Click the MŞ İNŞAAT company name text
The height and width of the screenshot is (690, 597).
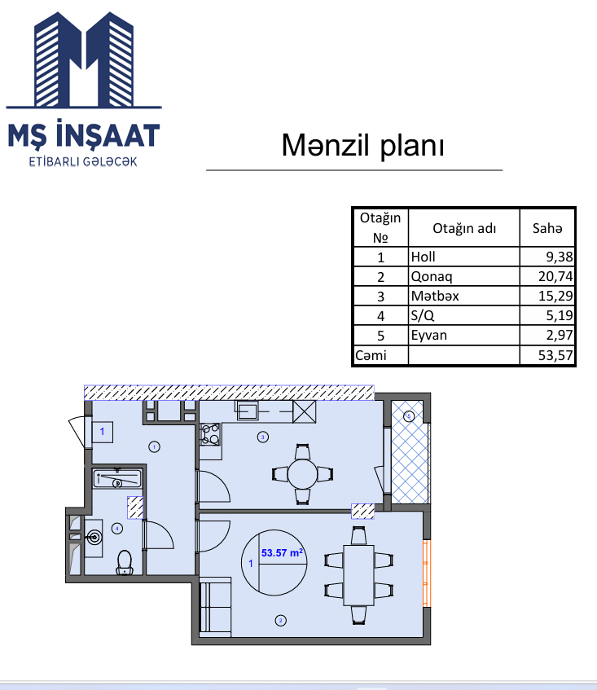point(84,134)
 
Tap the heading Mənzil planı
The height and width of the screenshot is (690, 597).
point(363,145)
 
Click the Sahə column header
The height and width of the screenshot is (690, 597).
point(547,228)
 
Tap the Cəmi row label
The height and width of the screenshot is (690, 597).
point(371,355)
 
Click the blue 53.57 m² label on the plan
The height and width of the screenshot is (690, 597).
point(282,552)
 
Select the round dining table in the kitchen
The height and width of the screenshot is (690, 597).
point(303,474)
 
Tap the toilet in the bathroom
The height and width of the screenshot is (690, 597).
point(125,563)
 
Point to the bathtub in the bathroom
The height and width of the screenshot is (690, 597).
point(117,478)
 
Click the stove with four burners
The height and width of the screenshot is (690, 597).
point(210,434)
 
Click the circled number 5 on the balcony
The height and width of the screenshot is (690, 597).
point(409,415)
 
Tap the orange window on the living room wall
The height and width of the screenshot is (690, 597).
point(427,573)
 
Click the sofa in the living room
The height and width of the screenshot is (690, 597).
point(216,608)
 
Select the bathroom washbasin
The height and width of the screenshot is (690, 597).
point(94,538)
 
